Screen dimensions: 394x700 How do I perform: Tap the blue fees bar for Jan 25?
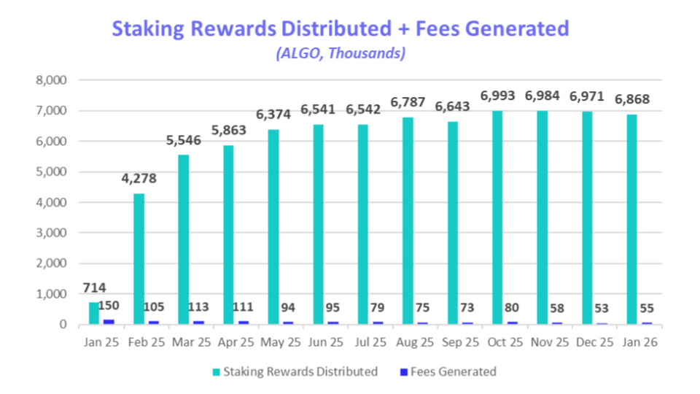pyautogui.click(x=109, y=321)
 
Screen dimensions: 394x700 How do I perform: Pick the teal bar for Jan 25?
pyautogui.click(x=94, y=313)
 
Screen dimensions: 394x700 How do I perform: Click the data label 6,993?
pyautogui.click(x=498, y=96)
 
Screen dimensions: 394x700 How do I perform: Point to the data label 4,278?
pyautogui.click(x=139, y=179)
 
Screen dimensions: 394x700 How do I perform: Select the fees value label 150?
pyautogui.click(x=109, y=306)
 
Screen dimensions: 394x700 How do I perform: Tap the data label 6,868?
pyautogui.click(x=632, y=99)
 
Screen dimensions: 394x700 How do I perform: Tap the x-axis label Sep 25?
pyautogui.click(x=459, y=341)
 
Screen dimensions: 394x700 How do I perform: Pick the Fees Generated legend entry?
pyautogui.click(x=452, y=371)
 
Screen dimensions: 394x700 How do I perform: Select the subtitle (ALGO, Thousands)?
pyautogui.click(x=340, y=53)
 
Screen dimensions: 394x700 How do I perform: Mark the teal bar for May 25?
pyautogui.click(x=273, y=227)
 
